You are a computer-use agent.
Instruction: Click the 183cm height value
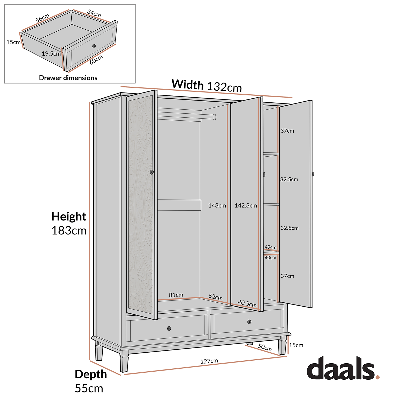point(69,230)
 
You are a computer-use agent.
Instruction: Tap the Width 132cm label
point(207,86)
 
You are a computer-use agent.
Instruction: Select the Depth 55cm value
point(89,388)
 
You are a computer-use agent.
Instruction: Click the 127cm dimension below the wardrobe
point(209,361)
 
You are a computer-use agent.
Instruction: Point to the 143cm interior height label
point(217,206)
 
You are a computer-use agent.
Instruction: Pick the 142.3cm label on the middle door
point(246,206)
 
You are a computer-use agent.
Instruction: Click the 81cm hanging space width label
point(176,295)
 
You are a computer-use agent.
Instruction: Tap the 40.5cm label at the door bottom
point(247,303)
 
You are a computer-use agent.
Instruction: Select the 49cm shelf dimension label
point(271,247)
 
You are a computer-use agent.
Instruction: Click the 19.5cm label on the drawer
point(51,53)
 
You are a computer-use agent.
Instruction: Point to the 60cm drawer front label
point(96,60)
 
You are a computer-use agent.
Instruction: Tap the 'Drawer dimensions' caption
point(68,78)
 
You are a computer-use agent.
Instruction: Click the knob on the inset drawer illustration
point(94,46)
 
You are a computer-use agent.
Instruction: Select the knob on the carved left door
point(152,172)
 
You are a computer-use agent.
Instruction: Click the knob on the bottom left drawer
point(169,328)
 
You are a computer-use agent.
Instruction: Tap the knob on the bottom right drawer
point(249,322)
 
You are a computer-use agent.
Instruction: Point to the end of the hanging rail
point(214,117)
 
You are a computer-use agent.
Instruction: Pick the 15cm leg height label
point(296,345)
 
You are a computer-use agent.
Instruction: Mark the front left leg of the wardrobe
point(124,361)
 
